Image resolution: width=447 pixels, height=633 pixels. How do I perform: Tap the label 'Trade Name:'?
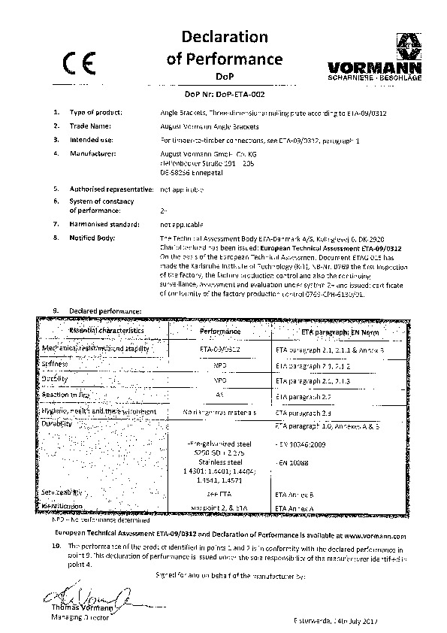(90, 126)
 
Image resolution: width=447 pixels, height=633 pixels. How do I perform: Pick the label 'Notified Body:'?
(92, 238)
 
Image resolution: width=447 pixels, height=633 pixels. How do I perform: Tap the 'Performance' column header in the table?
(220, 331)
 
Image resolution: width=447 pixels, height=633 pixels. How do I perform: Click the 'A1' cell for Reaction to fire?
(220, 394)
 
